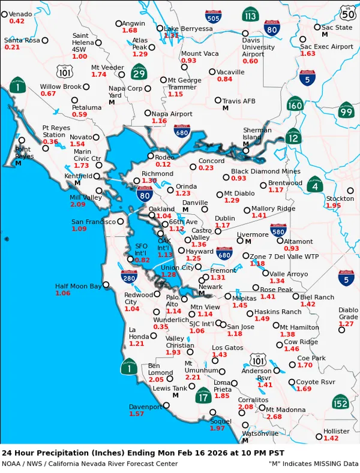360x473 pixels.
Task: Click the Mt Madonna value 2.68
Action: (x=274, y=417)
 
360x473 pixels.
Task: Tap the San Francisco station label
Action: (x=93, y=222)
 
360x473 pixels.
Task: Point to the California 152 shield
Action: (x=340, y=402)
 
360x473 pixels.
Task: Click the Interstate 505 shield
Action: (x=212, y=16)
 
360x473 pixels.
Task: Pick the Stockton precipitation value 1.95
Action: (x=333, y=206)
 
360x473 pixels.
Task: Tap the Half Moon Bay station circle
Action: (x=106, y=285)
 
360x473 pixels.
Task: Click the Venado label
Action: (x=20, y=14)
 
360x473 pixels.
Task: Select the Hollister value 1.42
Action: (x=331, y=438)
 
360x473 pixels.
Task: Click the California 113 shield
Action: (x=250, y=14)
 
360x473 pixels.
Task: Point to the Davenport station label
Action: (x=145, y=406)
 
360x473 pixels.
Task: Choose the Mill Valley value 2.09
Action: (x=77, y=204)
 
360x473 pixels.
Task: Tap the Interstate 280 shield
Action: (x=129, y=276)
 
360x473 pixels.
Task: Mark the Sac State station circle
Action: (x=317, y=27)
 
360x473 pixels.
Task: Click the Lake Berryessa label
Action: (x=188, y=28)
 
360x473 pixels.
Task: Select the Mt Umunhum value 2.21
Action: (x=193, y=377)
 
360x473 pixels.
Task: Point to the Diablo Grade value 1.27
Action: (x=346, y=324)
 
